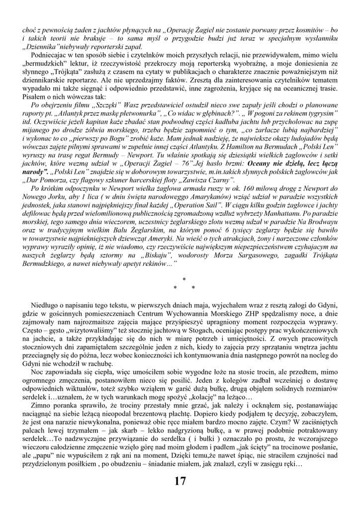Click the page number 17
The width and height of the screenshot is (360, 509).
coord(180,481)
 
